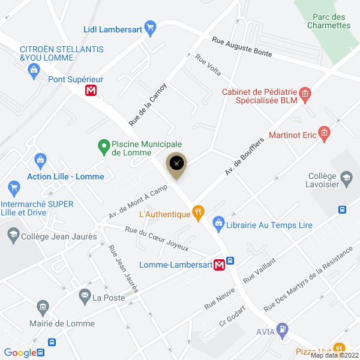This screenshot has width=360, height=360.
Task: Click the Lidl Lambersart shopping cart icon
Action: point(150,27)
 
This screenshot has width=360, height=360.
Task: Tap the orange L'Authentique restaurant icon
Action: point(197,212)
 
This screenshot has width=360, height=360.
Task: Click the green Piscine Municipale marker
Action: point(103,145)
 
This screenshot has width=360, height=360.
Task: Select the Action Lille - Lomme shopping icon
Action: point(41,160)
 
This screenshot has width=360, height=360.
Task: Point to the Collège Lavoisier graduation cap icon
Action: point(346,178)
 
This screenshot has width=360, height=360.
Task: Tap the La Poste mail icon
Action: point(84,295)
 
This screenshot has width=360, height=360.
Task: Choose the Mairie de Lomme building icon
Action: point(43,308)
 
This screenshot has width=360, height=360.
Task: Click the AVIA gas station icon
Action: point(282,329)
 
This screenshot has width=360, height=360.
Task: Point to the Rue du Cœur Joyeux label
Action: point(157,238)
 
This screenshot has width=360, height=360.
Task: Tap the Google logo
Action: point(20,353)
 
